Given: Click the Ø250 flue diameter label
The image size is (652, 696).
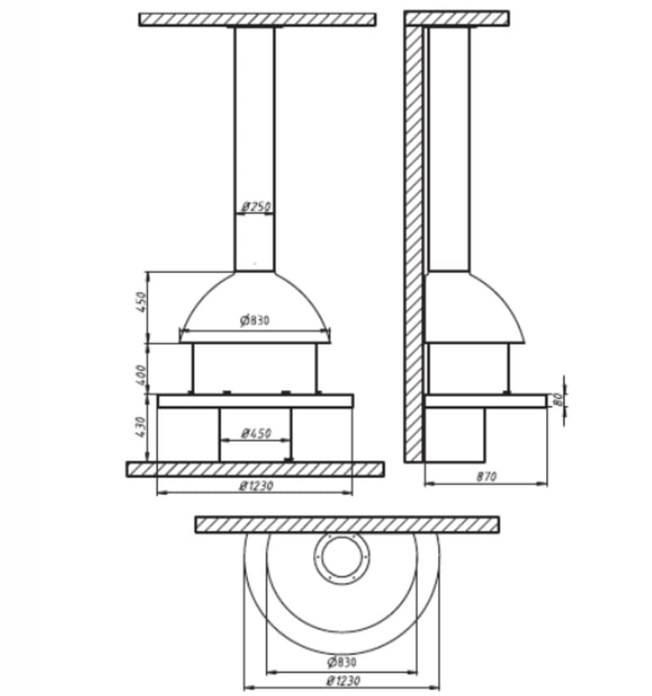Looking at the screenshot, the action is [x=256, y=207].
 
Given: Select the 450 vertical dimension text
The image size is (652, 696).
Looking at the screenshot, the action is [x=141, y=302].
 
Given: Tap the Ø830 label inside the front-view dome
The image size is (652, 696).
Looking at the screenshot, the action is [x=254, y=320].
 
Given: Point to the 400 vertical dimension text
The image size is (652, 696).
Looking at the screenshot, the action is [x=140, y=374].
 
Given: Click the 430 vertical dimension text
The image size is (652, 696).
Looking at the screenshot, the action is [x=140, y=427].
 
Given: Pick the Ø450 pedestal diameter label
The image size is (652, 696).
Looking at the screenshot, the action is [x=256, y=433].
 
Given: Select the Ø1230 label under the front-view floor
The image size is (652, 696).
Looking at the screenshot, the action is [x=257, y=486].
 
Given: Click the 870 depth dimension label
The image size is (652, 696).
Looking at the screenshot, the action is [x=487, y=477].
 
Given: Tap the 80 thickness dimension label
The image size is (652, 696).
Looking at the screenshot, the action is [x=558, y=399].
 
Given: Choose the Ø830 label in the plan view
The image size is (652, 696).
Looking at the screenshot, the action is [x=341, y=663].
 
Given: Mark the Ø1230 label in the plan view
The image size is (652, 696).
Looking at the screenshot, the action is [x=342, y=681].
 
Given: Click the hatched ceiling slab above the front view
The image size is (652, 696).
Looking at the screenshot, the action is [x=258, y=20].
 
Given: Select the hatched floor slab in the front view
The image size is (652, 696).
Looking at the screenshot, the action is [x=255, y=469].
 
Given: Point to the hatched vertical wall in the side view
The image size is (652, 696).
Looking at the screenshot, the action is [x=414, y=244].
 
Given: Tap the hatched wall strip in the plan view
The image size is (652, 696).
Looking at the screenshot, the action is [x=347, y=525].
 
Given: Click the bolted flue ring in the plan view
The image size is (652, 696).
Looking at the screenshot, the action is [x=341, y=558].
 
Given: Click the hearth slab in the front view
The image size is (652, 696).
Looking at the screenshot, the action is [x=256, y=401].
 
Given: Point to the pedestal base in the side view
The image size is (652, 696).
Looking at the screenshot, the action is [x=455, y=435].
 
